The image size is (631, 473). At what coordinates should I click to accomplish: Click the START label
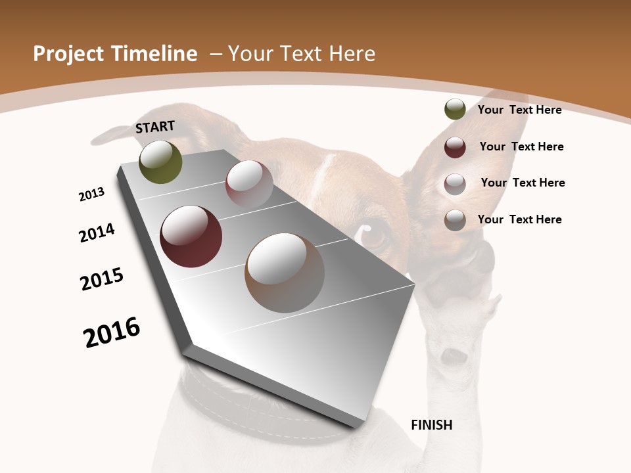tap(155, 127)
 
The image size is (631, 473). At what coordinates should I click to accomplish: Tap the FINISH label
tap(432, 425)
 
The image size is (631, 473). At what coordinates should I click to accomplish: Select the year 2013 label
tap(91, 194)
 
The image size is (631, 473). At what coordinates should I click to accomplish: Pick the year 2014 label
tap(97, 233)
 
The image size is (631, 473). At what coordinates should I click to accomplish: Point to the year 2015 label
tap(102, 279)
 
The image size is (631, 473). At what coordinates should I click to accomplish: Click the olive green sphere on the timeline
tap(160, 162)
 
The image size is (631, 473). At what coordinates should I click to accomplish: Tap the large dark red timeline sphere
tap(191, 236)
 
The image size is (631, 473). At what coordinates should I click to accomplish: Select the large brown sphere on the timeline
tap(285, 273)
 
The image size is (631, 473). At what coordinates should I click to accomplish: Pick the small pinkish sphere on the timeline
tap(249, 183)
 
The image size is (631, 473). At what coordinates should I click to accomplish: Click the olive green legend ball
tap(455, 110)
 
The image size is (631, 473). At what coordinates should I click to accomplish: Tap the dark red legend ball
tap(455, 147)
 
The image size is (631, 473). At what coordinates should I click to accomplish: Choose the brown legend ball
tap(455, 220)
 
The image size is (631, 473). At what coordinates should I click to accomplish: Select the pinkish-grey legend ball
tap(455, 183)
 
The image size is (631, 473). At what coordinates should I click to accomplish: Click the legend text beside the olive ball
tap(519, 110)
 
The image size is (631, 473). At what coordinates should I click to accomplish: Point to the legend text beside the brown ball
tap(519, 219)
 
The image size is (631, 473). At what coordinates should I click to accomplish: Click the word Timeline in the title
tap(154, 54)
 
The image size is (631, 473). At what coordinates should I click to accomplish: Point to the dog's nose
tap(454, 356)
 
